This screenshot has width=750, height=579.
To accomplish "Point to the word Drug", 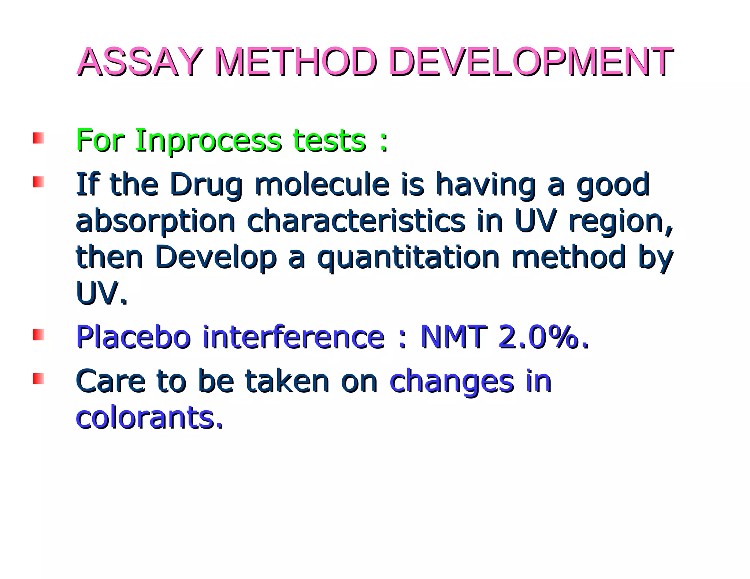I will pyautogui.click(x=206, y=185).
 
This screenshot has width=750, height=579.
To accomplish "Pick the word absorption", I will pyautogui.click(x=155, y=222).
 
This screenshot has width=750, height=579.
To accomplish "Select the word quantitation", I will pyautogui.click(x=408, y=258).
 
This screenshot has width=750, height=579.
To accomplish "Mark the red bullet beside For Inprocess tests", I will pyautogui.click(x=38, y=138).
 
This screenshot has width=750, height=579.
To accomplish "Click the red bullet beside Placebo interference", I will pyautogui.click(x=38, y=335).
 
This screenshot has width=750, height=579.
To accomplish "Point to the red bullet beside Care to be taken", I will pyautogui.click(x=38, y=378).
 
